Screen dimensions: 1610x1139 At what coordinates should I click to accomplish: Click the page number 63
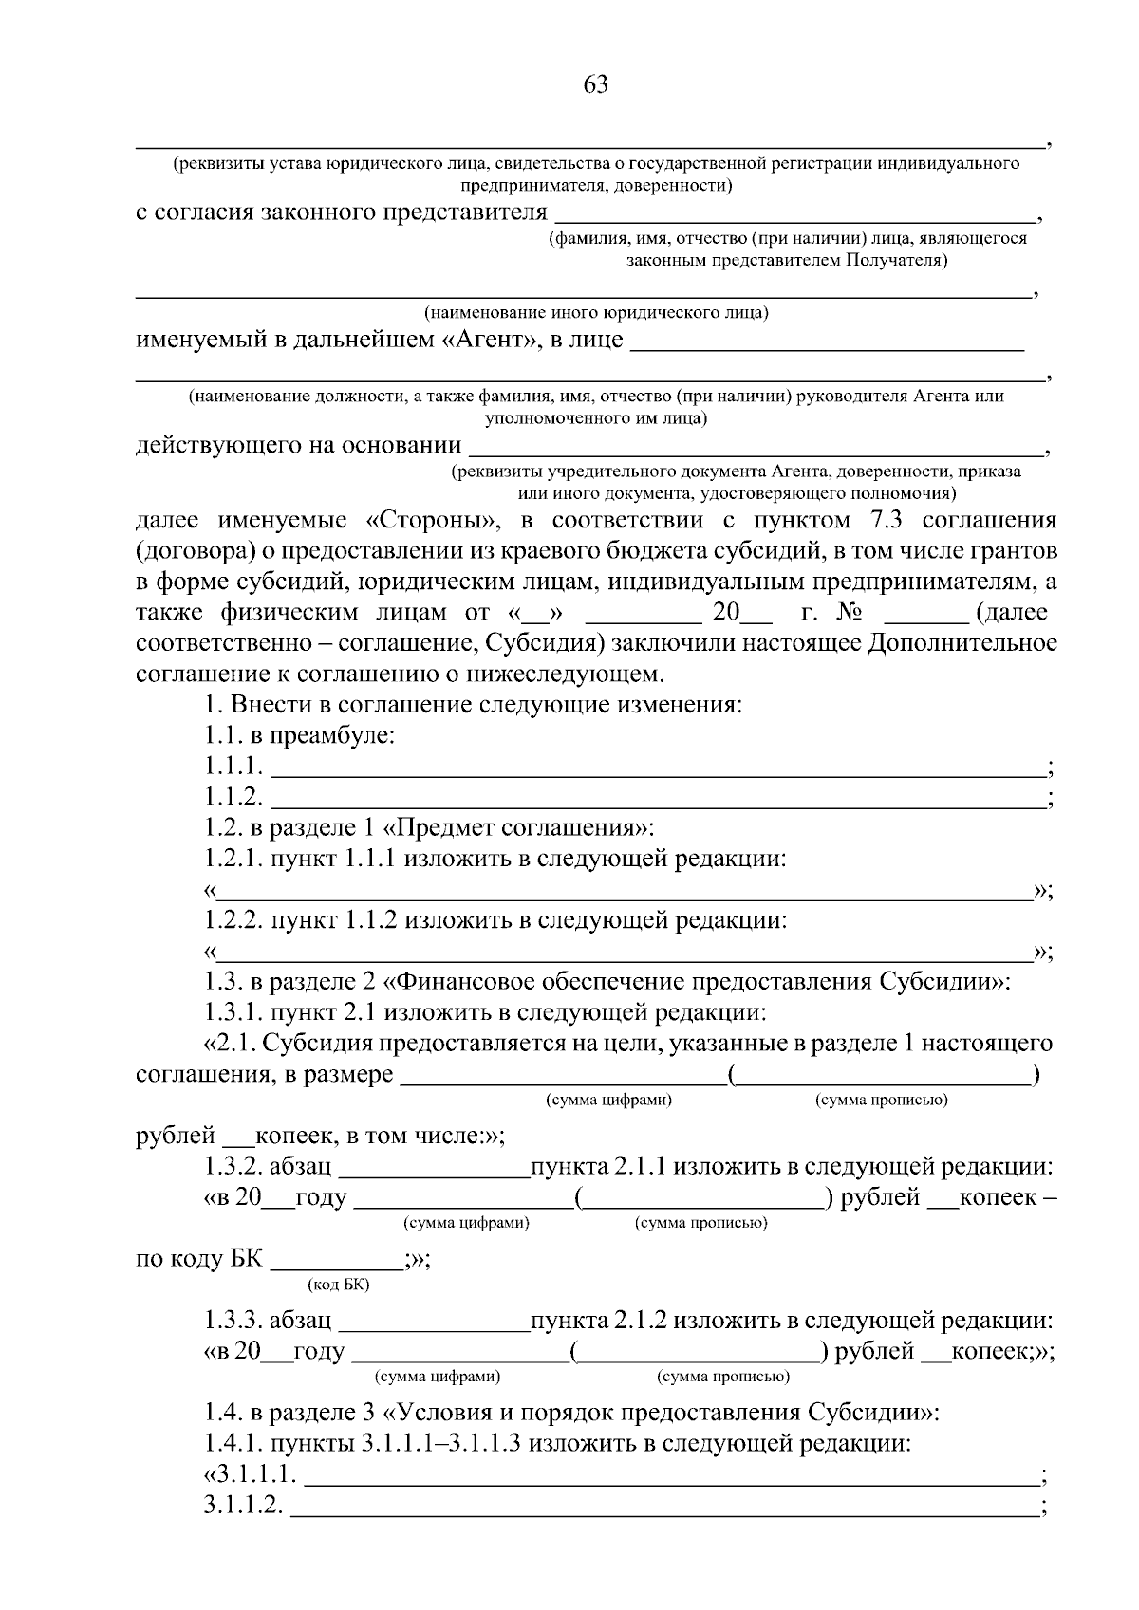(x=595, y=84)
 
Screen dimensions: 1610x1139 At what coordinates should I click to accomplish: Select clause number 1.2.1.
(x=234, y=859)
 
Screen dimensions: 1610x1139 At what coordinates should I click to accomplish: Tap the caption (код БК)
(x=339, y=1285)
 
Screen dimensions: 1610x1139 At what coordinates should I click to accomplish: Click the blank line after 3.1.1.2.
(x=664, y=1509)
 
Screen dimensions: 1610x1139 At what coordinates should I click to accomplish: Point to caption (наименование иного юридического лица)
(x=596, y=312)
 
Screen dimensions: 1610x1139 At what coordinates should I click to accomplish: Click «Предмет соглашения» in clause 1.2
(x=517, y=827)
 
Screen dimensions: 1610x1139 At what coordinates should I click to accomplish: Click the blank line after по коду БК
(x=337, y=1265)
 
